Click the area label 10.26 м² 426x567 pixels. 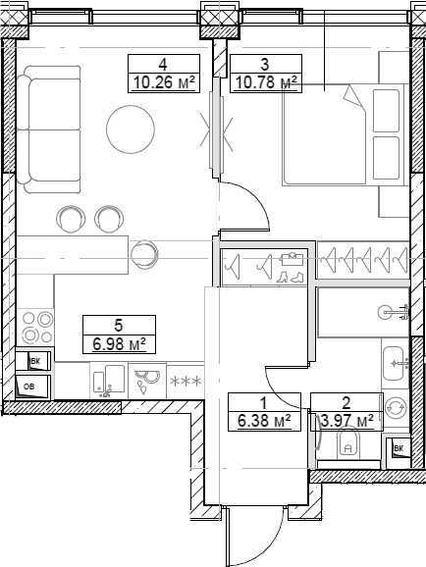(163, 83)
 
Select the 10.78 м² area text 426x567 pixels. (264, 83)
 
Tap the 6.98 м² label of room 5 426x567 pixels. (119, 343)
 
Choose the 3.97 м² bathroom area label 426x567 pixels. (346, 422)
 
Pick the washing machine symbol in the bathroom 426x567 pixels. (397, 406)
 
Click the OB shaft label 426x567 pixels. (28, 386)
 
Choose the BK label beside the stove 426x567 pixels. (35, 362)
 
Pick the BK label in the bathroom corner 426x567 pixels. (399, 449)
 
